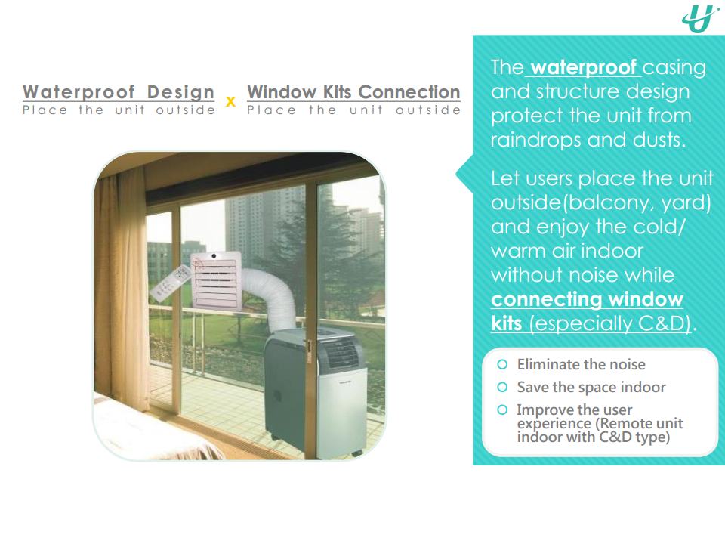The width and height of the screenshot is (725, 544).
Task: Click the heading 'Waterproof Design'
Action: pos(119,92)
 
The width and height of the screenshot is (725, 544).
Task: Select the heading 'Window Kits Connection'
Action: pos(353,92)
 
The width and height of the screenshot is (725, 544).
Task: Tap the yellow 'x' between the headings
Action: pos(230,102)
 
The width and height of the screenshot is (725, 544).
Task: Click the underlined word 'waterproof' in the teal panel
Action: pos(584,67)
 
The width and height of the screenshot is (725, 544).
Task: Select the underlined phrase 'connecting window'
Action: pos(587,299)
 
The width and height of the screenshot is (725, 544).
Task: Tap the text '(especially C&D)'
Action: pos(610,323)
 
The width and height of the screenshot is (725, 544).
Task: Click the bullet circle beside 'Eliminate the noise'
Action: pos(502,364)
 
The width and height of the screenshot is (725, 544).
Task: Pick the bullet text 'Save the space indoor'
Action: pos(591,387)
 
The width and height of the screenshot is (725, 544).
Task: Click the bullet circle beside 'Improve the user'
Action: pos(502,410)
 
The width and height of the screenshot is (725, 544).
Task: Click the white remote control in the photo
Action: pos(171,283)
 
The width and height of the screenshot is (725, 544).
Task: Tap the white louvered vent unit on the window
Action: pos(216,280)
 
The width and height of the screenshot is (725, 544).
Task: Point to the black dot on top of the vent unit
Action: pos(214,256)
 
